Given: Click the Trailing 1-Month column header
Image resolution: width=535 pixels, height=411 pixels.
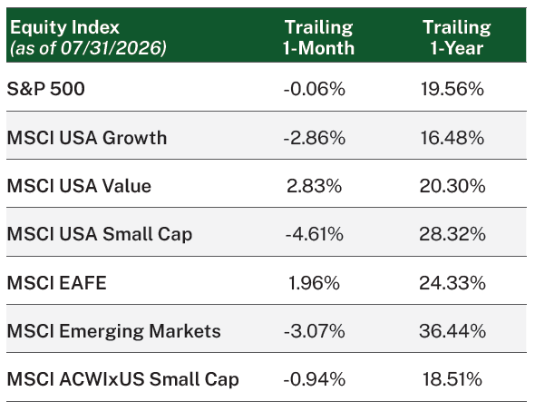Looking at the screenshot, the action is (x=318, y=37).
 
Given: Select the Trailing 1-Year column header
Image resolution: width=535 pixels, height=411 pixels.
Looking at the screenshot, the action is (x=457, y=37).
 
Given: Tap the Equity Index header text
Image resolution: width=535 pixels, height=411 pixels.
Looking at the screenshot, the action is (x=64, y=27).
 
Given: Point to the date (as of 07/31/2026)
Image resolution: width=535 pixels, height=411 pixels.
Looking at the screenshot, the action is (x=88, y=48).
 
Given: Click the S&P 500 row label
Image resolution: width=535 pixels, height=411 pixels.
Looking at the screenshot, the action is (x=45, y=89).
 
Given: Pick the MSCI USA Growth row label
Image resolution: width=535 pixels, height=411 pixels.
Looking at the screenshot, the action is (x=87, y=138).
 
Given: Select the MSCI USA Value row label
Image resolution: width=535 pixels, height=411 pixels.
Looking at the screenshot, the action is (x=79, y=186).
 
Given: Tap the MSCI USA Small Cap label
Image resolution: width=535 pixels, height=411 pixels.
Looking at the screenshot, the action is (x=100, y=234).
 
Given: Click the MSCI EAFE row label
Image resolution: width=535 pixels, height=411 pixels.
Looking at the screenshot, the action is (x=56, y=283).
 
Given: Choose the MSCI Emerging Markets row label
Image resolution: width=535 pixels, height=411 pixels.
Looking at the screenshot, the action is (x=114, y=331).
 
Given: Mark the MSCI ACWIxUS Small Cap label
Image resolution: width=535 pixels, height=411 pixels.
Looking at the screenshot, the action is (x=122, y=379).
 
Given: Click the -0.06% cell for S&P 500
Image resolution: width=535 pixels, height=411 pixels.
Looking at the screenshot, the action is (x=315, y=89).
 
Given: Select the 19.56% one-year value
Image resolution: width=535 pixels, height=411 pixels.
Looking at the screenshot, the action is (x=452, y=89).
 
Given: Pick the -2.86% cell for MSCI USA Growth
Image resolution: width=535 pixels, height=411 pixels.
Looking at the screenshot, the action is (x=315, y=138).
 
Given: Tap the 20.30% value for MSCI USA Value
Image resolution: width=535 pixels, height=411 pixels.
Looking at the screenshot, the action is (x=452, y=186).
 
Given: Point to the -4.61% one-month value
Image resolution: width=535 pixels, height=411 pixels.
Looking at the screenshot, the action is (x=315, y=234).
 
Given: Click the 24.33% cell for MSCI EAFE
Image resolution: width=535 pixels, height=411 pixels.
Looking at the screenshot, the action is (x=452, y=283).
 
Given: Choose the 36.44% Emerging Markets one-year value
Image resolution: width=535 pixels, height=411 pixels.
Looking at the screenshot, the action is (x=452, y=331).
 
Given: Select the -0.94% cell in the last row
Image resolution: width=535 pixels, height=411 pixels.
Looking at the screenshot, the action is (x=315, y=379).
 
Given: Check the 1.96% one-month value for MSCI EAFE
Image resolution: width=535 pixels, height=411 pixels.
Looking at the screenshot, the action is (x=315, y=283).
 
